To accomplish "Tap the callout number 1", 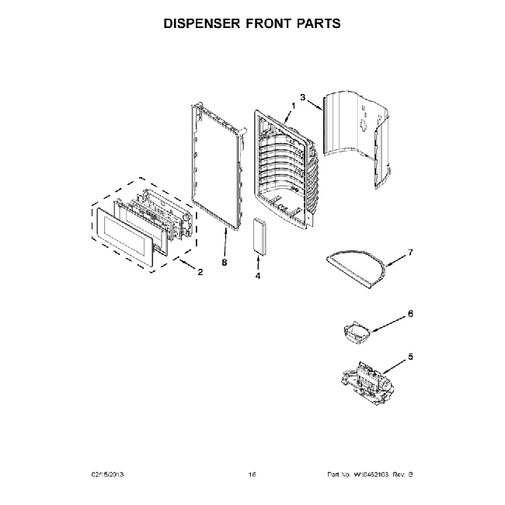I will [294, 106].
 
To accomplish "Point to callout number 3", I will [303, 98].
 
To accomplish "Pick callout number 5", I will [411, 357].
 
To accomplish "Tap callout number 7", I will [411, 253].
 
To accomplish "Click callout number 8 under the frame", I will [224, 263].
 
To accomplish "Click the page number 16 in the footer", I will [252, 474].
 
